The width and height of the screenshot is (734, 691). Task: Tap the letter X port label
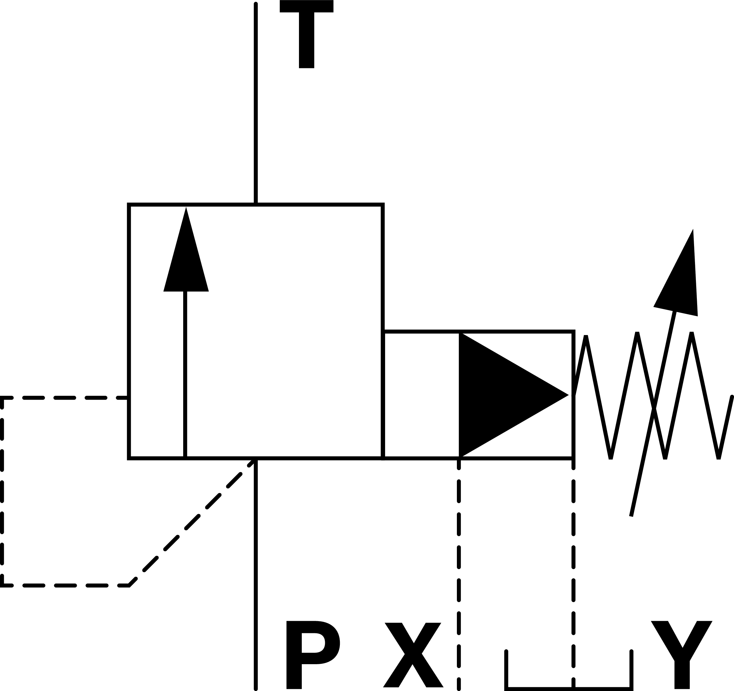click(x=413, y=655)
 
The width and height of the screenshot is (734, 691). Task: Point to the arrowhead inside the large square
click(x=186, y=258)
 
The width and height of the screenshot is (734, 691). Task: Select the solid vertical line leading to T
click(x=256, y=103)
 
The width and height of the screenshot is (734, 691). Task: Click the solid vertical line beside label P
click(x=256, y=576)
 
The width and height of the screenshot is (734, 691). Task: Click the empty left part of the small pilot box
click(x=421, y=395)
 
